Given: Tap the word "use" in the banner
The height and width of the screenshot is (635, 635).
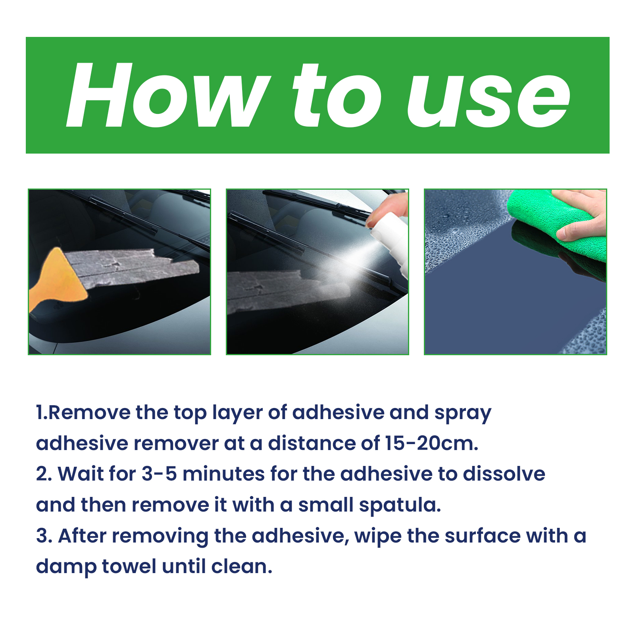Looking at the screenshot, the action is click(489, 101).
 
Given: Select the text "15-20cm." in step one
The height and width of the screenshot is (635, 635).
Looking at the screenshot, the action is click(432, 443).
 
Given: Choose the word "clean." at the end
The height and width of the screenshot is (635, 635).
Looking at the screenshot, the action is click(242, 566).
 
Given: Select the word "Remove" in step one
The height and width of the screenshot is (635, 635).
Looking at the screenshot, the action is click(89, 413).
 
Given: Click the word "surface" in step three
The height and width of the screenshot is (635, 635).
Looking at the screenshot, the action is click(482, 536).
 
